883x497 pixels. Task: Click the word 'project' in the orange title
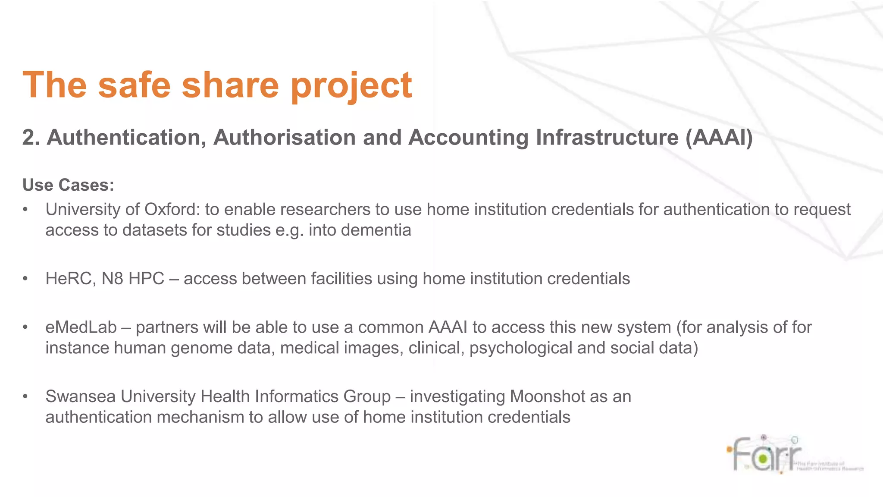click(x=351, y=85)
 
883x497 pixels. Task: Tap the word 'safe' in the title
click(x=134, y=85)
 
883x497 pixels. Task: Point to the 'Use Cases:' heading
click(x=68, y=185)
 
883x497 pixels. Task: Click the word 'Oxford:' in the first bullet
click(x=172, y=210)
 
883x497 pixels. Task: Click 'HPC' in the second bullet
click(x=147, y=279)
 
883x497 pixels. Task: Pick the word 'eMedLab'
click(x=81, y=327)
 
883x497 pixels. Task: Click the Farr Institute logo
click(x=793, y=455)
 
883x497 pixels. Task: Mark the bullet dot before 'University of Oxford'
click(x=25, y=210)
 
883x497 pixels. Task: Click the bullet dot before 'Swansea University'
click(x=25, y=396)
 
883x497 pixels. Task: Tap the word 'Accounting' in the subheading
click(x=468, y=138)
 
